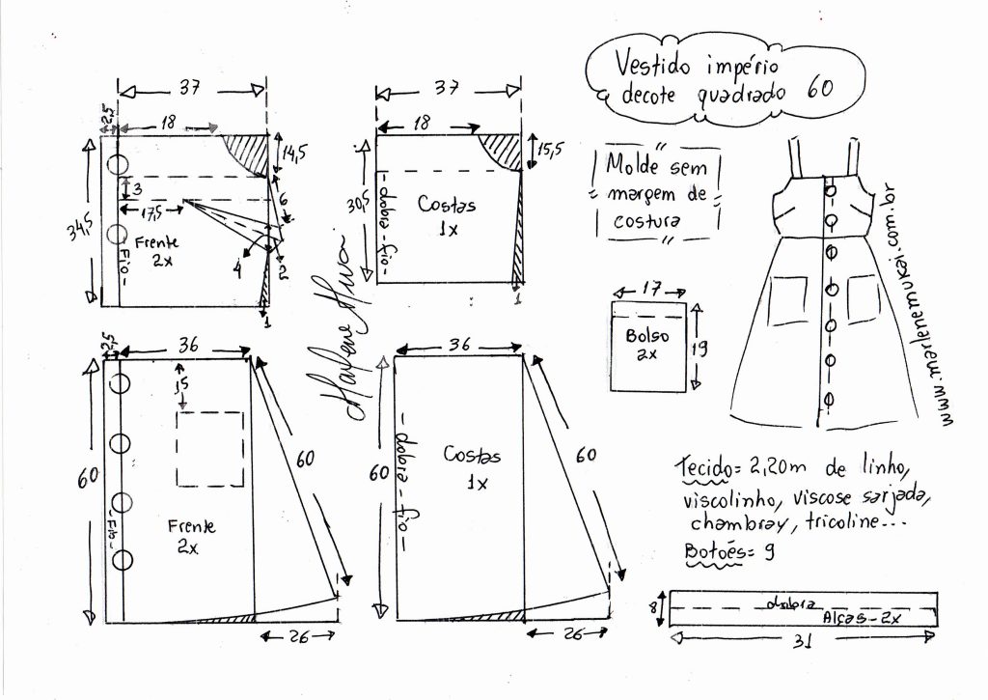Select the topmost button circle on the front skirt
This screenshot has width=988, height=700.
(x=121, y=382)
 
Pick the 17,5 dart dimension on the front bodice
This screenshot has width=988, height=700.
(x=151, y=210)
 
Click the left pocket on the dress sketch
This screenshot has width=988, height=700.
(x=789, y=301)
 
